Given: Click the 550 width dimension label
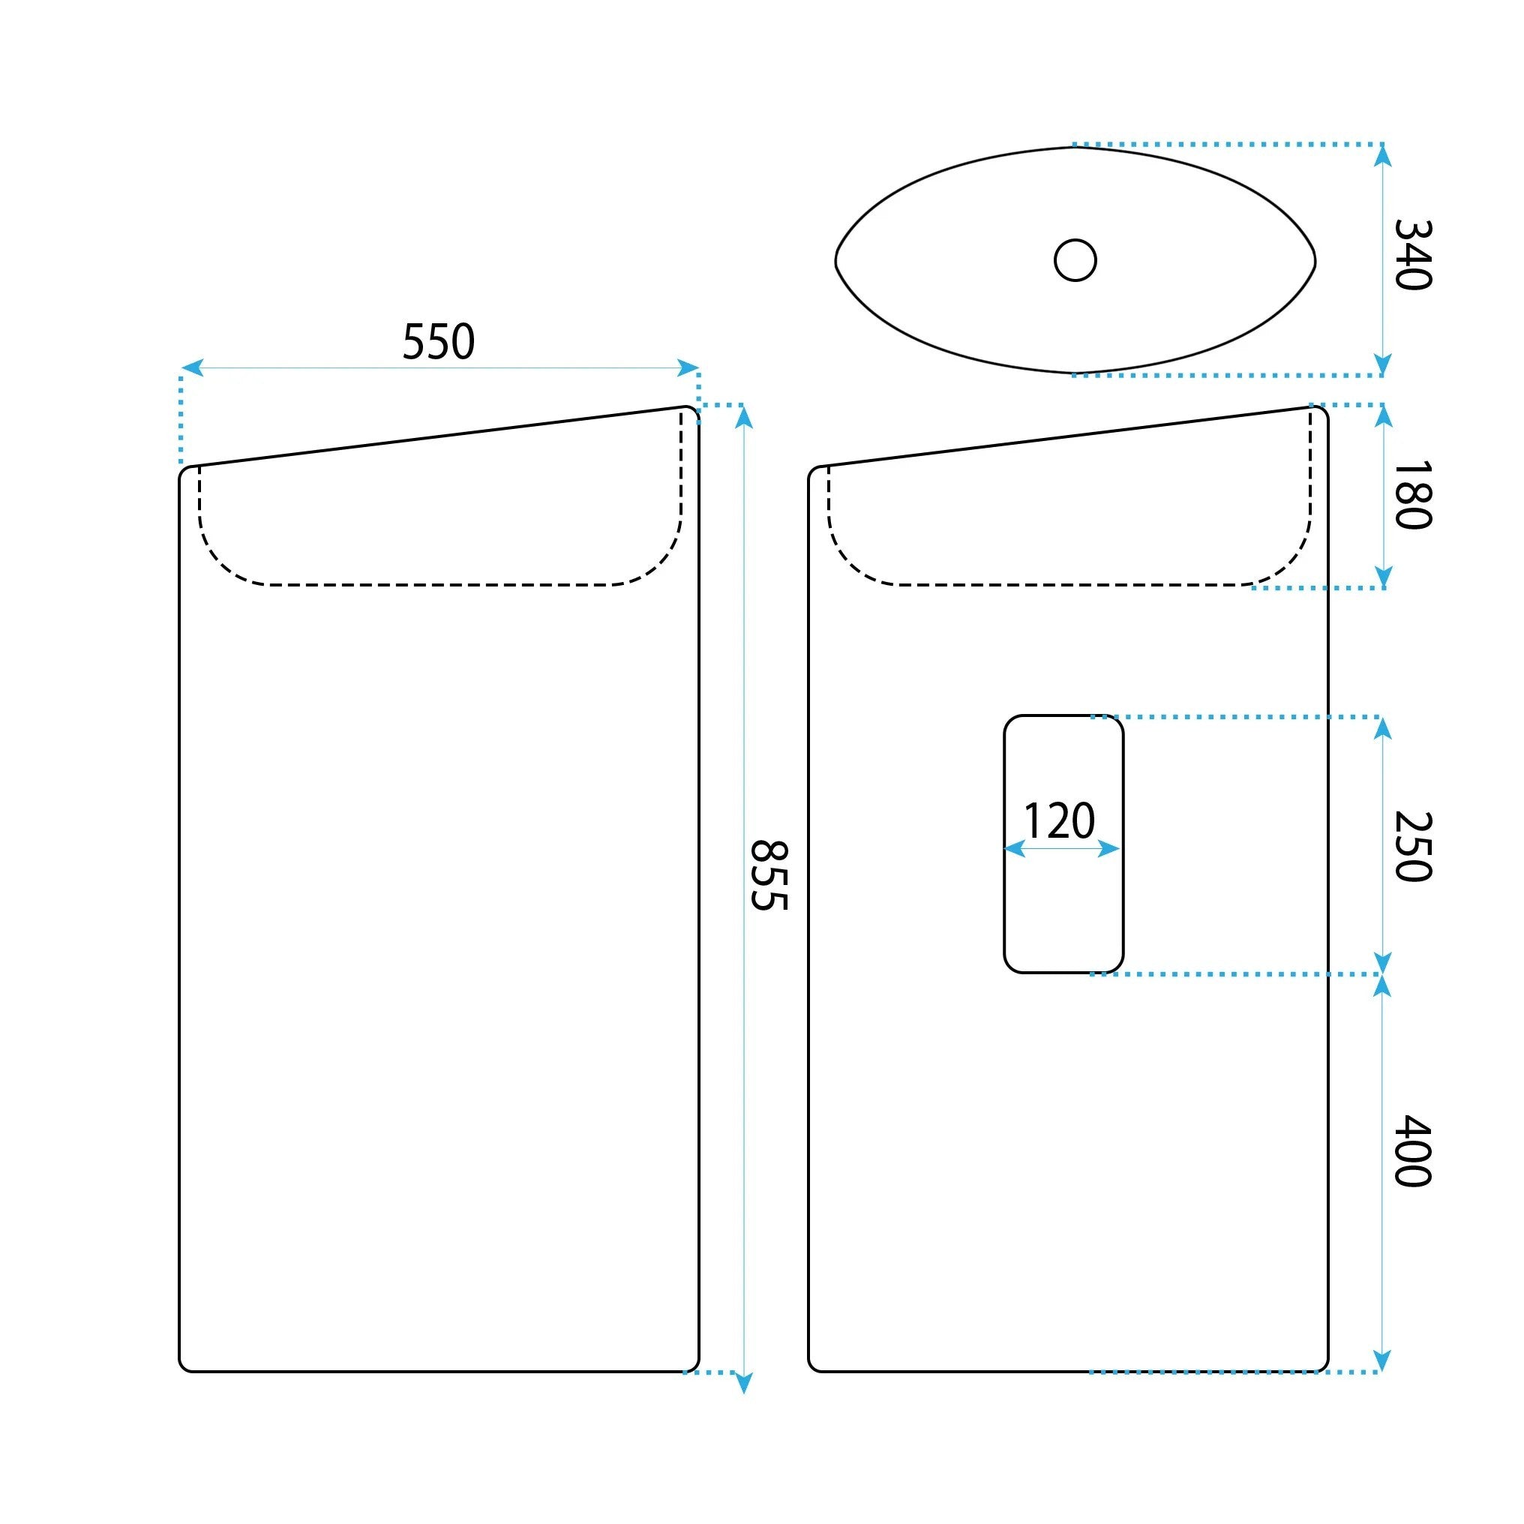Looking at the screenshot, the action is (x=439, y=341).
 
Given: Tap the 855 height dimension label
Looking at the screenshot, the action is (x=768, y=875).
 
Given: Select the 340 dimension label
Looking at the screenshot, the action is (x=1413, y=255).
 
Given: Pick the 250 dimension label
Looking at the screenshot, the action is (x=1413, y=847).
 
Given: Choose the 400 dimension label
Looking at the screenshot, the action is (x=1413, y=1151).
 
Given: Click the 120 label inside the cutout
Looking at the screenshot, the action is (x=1060, y=820).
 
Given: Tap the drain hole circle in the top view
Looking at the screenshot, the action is (x=1075, y=260).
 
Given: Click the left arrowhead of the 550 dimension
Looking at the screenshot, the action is (x=192, y=367).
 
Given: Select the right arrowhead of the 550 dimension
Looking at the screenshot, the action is (x=688, y=367).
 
